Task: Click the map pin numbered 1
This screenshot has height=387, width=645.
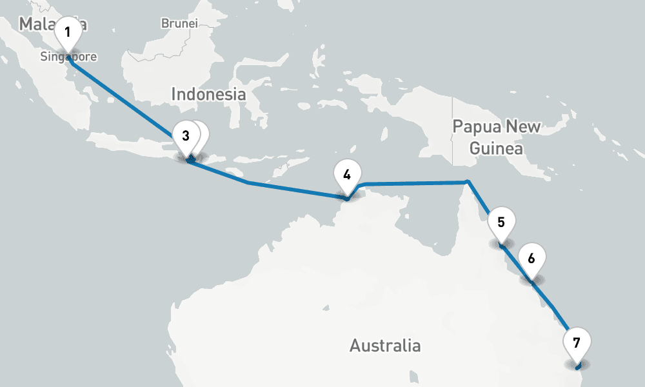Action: point(68,31)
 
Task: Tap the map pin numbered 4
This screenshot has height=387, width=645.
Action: point(347,174)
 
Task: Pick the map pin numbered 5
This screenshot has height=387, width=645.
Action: point(501,223)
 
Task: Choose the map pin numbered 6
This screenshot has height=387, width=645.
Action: point(531,259)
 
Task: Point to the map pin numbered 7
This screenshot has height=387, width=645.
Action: point(576,342)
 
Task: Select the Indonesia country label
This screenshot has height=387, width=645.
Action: point(208,94)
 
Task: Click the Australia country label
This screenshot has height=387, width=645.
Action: point(385,346)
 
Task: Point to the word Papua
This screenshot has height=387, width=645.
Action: point(477,126)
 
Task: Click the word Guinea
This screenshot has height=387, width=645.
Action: point(496,149)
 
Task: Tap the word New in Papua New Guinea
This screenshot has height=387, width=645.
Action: point(524,126)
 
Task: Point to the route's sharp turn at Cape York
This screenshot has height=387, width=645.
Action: point(468,182)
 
